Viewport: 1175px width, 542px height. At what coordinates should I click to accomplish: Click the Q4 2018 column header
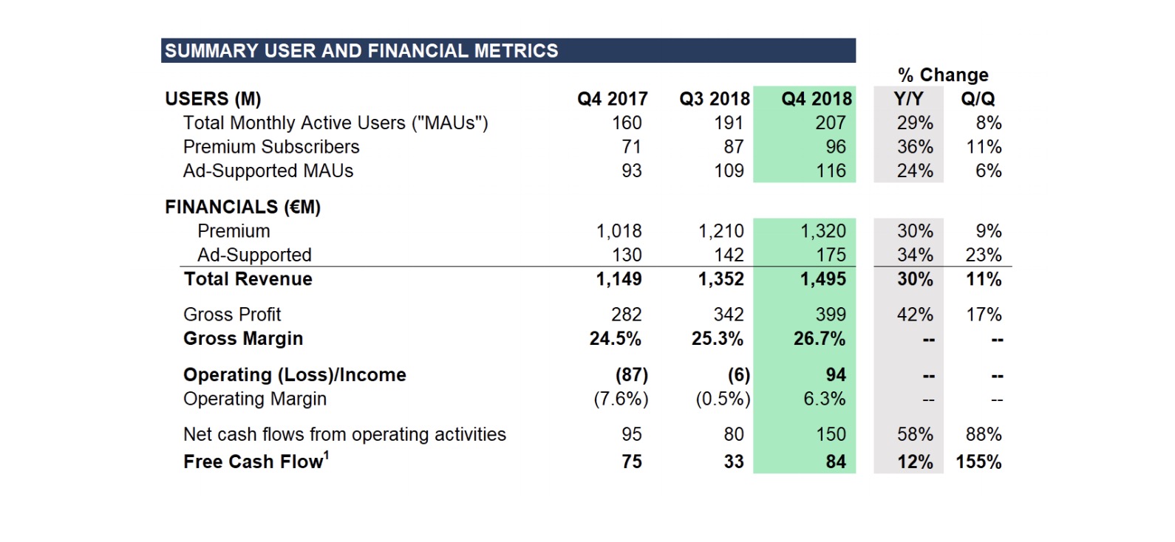tap(817, 98)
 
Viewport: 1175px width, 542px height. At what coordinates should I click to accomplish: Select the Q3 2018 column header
tap(715, 98)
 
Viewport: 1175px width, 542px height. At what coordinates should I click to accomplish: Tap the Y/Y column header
tap(908, 98)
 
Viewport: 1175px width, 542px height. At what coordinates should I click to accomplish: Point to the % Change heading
tap(943, 75)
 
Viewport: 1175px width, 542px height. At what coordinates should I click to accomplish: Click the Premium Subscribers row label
tap(271, 147)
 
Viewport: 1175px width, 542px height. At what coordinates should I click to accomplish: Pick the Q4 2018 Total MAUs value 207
tap(831, 123)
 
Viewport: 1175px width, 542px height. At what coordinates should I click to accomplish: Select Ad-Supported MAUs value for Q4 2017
tap(632, 171)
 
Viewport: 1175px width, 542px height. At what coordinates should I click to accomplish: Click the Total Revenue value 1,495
tap(823, 279)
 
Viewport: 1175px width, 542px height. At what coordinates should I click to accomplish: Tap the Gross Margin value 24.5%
tap(616, 339)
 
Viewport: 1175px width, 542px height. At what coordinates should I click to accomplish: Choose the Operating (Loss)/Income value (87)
tap(632, 375)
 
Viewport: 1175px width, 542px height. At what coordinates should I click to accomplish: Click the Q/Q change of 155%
tap(979, 462)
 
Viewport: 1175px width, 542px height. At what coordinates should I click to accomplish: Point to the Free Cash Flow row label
tap(253, 462)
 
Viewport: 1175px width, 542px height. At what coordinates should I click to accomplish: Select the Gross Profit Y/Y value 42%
tap(915, 315)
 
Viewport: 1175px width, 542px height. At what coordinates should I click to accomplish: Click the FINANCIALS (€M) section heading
tap(243, 207)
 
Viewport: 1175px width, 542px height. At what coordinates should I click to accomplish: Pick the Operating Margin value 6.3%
tap(825, 399)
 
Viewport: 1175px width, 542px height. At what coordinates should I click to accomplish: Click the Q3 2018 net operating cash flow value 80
tap(734, 434)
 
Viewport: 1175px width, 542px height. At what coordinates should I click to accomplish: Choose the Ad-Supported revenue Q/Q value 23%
tap(984, 255)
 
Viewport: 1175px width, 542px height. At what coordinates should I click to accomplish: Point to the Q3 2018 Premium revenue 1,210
tap(721, 231)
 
